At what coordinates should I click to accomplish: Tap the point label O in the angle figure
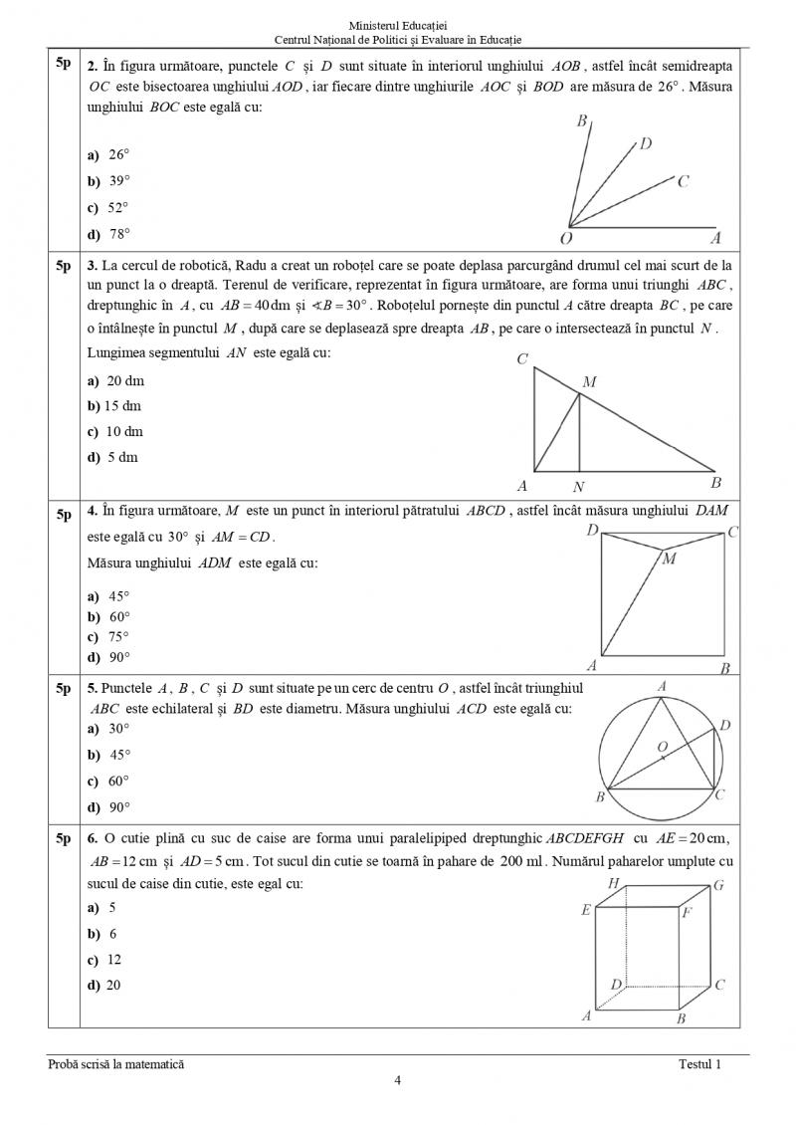[565, 239]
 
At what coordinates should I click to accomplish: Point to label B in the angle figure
[581, 121]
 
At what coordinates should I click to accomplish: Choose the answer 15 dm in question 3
[117, 406]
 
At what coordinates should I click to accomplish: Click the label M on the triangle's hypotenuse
[589, 381]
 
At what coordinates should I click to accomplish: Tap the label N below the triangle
[579, 487]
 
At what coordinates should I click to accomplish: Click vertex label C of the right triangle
[522, 359]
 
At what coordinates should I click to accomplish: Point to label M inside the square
[669, 560]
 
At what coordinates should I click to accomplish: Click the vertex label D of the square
[592, 532]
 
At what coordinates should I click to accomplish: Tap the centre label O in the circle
[661, 745]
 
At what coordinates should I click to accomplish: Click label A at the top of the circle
[662, 686]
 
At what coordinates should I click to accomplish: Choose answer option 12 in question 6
[112, 960]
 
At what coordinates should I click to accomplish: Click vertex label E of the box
[586, 910]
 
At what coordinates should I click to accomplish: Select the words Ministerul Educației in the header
[398, 24]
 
